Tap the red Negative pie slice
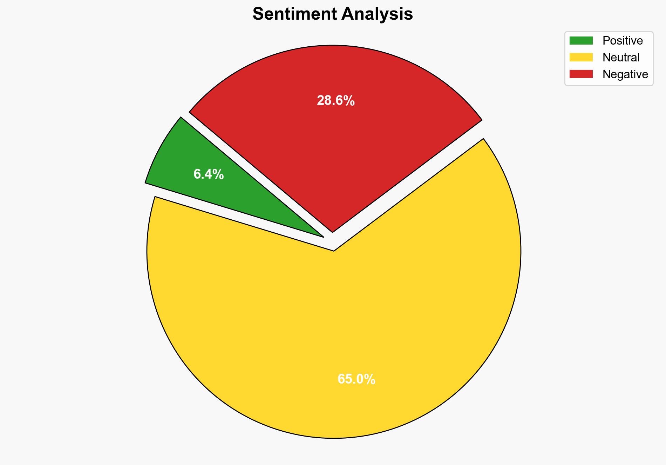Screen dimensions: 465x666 pyautogui.click(x=333, y=140)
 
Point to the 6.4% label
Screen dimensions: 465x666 pyautogui.click(x=209, y=174)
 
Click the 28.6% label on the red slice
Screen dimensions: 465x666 pyautogui.click(x=335, y=101)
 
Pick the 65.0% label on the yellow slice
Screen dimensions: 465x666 pyautogui.click(x=356, y=379)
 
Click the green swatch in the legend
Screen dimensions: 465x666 pyautogui.click(x=581, y=41)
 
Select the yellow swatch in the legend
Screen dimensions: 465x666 pyautogui.click(x=581, y=57)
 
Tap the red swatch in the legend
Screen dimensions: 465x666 pyautogui.click(x=581, y=74)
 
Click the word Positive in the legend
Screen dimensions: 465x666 pyautogui.click(x=623, y=41)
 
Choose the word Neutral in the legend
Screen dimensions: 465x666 pyautogui.click(x=621, y=57)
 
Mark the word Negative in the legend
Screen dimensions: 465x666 pyautogui.click(x=625, y=74)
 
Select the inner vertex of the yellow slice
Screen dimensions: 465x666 pyautogui.click(x=334, y=250)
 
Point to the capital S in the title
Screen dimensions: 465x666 pyautogui.click(x=258, y=14)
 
